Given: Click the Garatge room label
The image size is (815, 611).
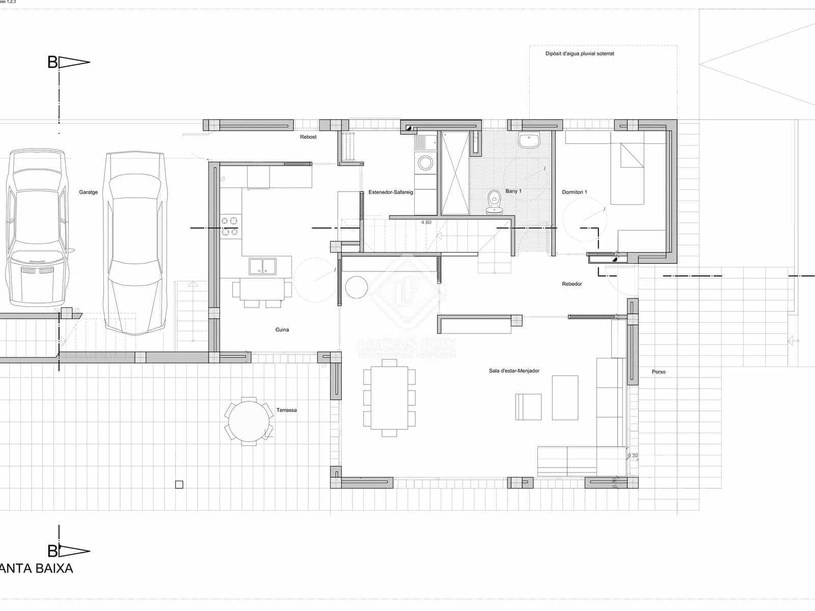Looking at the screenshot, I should pyautogui.click(x=88, y=192).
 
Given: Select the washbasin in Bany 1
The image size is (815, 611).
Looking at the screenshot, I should pyautogui.click(x=529, y=140).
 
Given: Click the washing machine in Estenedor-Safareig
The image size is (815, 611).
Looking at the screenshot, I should pyautogui.click(x=425, y=163).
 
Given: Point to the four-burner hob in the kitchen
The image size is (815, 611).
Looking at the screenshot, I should pyautogui.click(x=230, y=226).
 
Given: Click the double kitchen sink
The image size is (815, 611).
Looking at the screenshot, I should pyautogui.click(x=262, y=266).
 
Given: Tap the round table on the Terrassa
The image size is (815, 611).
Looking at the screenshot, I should pyautogui.click(x=249, y=421).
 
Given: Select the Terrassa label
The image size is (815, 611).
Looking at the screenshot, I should pyautogui.click(x=286, y=410).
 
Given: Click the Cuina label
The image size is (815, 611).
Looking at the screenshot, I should pyautogui.click(x=282, y=330).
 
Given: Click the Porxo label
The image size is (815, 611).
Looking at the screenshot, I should pyautogui.click(x=658, y=372).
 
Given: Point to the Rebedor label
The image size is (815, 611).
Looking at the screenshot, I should pyautogui.click(x=572, y=284).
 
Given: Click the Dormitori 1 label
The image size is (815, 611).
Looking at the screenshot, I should pyautogui.click(x=574, y=192).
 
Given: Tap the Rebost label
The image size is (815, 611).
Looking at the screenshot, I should pyautogui.click(x=308, y=137).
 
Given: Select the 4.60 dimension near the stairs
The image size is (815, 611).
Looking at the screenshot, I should pyautogui.click(x=426, y=223).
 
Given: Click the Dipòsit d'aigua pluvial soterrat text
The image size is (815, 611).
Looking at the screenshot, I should pyautogui.click(x=579, y=53).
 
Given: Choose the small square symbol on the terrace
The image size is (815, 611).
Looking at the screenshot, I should pyautogui.click(x=179, y=485).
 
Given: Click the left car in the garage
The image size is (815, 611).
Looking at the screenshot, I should pyautogui.click(x=38, y=229).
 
